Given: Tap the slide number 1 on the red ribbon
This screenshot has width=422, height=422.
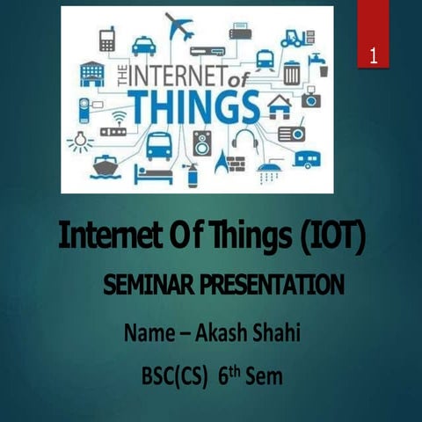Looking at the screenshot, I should point(374,58).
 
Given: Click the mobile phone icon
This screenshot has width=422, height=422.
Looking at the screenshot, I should point(107,39).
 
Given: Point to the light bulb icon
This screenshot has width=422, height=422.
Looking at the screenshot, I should point(80,141).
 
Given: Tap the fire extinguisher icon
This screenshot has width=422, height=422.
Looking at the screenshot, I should point(187,173).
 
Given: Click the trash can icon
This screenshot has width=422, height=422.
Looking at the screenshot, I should point(291,70).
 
